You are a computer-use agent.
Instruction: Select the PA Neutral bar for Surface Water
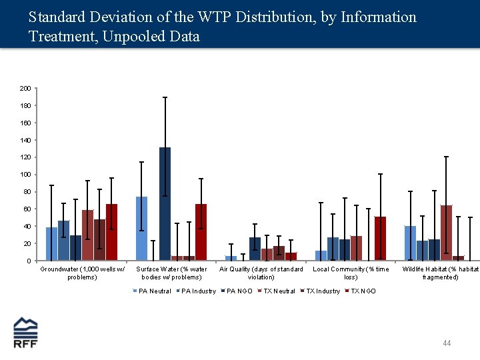141,228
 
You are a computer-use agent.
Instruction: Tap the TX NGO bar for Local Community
380,238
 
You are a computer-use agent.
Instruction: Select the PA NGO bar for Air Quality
255,249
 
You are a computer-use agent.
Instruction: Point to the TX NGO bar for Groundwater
111,232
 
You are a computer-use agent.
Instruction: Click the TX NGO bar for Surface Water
201,232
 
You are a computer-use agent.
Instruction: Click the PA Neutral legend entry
154,291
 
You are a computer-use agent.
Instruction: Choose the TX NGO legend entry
363,291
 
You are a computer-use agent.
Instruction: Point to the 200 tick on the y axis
25,88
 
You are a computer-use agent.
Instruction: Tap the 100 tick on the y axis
25,175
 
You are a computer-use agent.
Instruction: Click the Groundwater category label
82,273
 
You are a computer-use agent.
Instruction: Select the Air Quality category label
261,273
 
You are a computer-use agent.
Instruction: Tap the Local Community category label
351,273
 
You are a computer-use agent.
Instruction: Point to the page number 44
447,343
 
